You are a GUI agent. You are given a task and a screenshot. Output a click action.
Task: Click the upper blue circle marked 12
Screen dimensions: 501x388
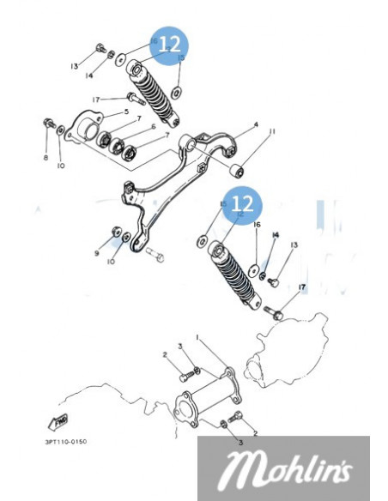click(168, 43)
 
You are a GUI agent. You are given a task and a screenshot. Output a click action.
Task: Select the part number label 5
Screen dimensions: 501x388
click(126, 112)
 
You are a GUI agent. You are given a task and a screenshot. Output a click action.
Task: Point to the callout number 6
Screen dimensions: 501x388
click(153, 127)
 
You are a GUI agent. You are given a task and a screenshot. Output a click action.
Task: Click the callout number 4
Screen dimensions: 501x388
click(255, 126)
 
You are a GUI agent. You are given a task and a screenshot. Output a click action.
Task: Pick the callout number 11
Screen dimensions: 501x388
click(271, 131)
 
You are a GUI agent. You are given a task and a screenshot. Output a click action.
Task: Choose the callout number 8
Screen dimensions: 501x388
click(45, 157)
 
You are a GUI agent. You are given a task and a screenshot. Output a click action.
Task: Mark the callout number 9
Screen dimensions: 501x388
click(97, 254)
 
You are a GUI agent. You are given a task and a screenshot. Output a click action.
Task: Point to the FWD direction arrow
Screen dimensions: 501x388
click(60, 421)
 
